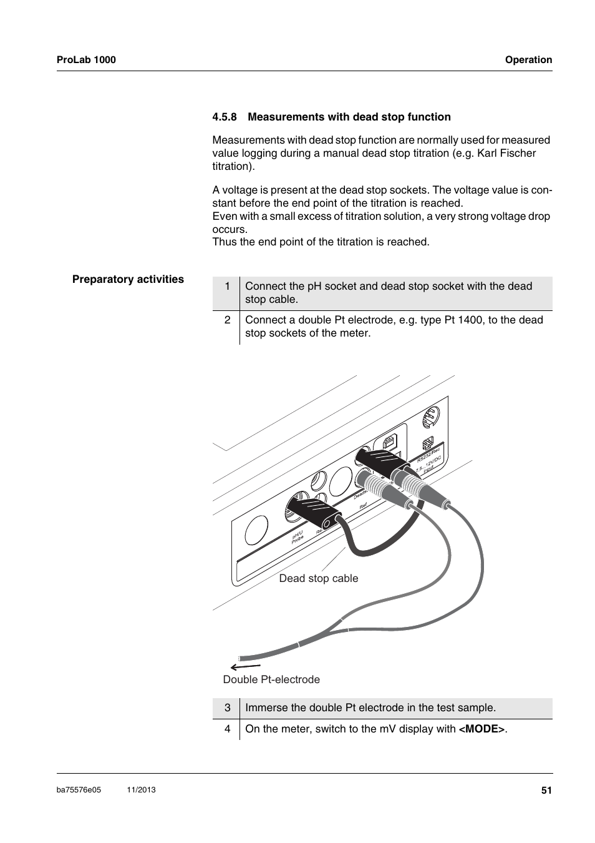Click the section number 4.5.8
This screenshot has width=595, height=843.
coord(225,117)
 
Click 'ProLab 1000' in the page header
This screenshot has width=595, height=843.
coord(86,60)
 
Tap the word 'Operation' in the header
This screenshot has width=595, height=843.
coord(528,60)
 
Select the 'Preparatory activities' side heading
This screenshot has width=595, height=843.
coord(128,279)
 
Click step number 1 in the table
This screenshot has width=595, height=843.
coord(228,287)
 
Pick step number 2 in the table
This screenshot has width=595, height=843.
coord(228,320)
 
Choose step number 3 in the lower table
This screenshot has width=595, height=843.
coord(228,707)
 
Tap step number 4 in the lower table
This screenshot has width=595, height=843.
coord(228,729)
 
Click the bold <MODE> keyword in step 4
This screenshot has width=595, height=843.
coord(482,729)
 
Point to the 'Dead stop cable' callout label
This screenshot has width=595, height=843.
coord(319,578)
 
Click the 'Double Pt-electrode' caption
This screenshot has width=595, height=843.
coord(271,679)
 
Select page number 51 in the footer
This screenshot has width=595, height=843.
coord(546,790)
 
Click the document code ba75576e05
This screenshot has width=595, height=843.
coord(79,790)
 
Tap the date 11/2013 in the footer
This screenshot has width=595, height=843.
coord(141,790)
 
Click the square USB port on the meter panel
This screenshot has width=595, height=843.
coord(389,441)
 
